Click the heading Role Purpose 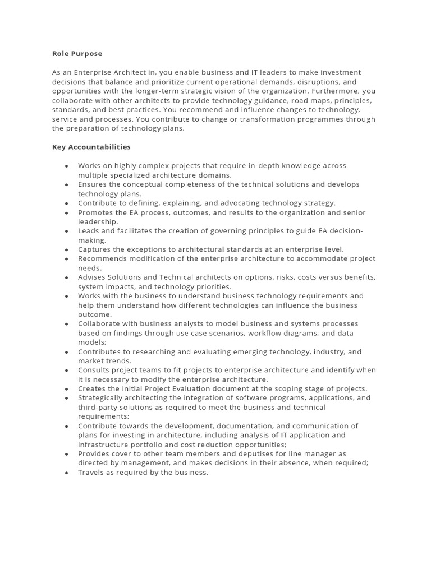pyautogui.click(x=77, y=54)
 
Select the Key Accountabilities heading pyautogui.click(x=91, y=147)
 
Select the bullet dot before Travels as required pyautogui.click(x=67, y=473)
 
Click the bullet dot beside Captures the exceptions pyautogui.click(x=67, y=249)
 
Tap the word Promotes pyautogui.click(x=96, y=212)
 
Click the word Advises pyautogui.click(x=91, y=277)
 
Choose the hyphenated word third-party pyautogui.click(x=98, y=407)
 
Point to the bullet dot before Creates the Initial pyautogui.click(x=67, y=388)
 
